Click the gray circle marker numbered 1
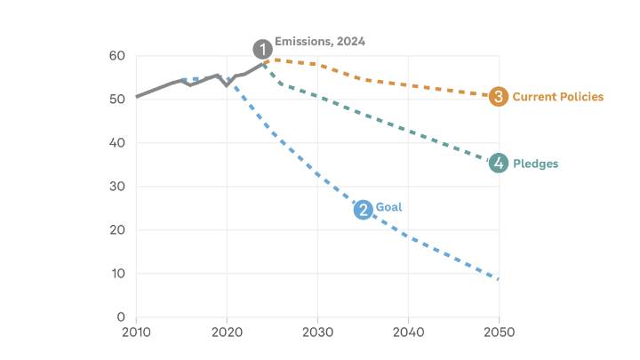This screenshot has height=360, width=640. coord(262,49)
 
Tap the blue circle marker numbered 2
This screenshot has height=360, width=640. coord(363,210)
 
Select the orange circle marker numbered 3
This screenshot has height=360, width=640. coord(499,97)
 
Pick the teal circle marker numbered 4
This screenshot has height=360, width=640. coord(499,163)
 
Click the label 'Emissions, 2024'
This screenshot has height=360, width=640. coord(319,42)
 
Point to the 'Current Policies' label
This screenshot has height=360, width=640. coord(557,97)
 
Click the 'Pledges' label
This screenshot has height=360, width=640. coord(535,164)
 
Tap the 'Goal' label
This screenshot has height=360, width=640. coord(388,207)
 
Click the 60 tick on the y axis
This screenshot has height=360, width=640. coord(117,56)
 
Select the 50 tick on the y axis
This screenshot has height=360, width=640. coord(117,100)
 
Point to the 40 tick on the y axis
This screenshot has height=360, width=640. coord(117,143)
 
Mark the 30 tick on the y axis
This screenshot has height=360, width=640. coord(117,187)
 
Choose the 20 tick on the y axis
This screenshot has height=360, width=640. coord(117,230)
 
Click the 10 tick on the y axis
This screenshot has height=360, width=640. coord(117,274)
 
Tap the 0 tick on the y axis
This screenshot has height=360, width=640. coord(121,317)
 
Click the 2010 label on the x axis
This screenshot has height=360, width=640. coord(136,332)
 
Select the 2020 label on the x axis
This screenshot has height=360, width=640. coord(227,332)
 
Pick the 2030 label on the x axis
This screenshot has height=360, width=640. coord(317,332)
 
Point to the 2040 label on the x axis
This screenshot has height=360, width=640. coord(408,332)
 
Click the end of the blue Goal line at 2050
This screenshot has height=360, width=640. coord(499,279)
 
